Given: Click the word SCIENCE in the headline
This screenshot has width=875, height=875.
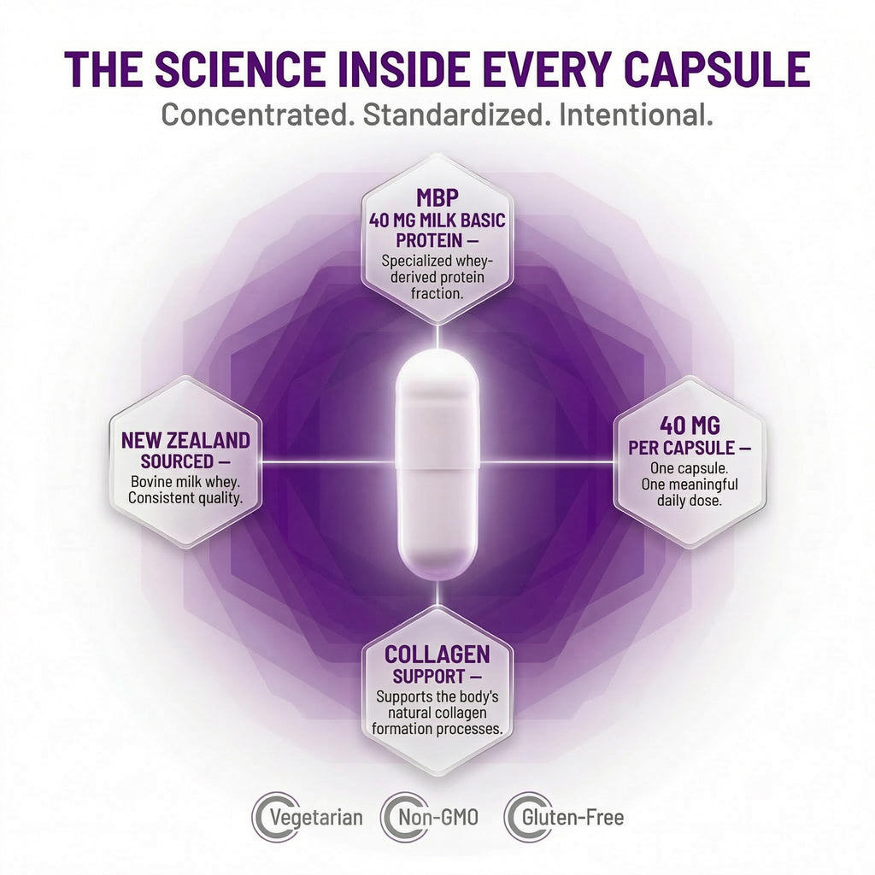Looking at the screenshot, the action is [239, 69].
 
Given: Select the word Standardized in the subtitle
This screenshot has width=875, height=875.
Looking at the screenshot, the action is [453, 115].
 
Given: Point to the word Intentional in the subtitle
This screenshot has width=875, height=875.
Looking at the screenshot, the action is [636, 115].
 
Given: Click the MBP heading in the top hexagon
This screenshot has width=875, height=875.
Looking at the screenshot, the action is [437, 197].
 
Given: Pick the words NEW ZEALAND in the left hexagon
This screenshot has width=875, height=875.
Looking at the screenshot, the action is [185, 440].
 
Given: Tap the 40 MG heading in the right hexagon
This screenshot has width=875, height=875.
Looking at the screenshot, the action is [690, 426].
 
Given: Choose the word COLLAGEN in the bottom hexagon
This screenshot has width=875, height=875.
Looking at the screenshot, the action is [437, 654].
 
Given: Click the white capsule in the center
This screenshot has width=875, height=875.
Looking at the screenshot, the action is [437, 463].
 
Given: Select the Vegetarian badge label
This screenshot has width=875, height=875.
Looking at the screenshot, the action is [316, 818].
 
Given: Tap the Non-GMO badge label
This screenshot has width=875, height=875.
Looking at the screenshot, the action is [438, 818].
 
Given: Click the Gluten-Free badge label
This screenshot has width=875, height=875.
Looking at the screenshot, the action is [573, 818].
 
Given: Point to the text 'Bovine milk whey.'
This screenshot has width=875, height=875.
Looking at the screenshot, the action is [185, 481].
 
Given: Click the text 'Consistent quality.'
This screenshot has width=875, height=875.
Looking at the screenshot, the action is [185, 498].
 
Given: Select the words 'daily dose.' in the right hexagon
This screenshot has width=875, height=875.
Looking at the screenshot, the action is [690, 501].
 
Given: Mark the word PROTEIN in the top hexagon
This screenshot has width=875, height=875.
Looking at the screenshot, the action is [429, 240].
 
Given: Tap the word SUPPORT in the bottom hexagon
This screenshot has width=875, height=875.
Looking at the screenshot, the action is [429, 677].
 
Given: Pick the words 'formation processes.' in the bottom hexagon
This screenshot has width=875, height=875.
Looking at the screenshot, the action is [437, 729].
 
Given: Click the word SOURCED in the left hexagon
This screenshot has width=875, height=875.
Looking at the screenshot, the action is [178, 461].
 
